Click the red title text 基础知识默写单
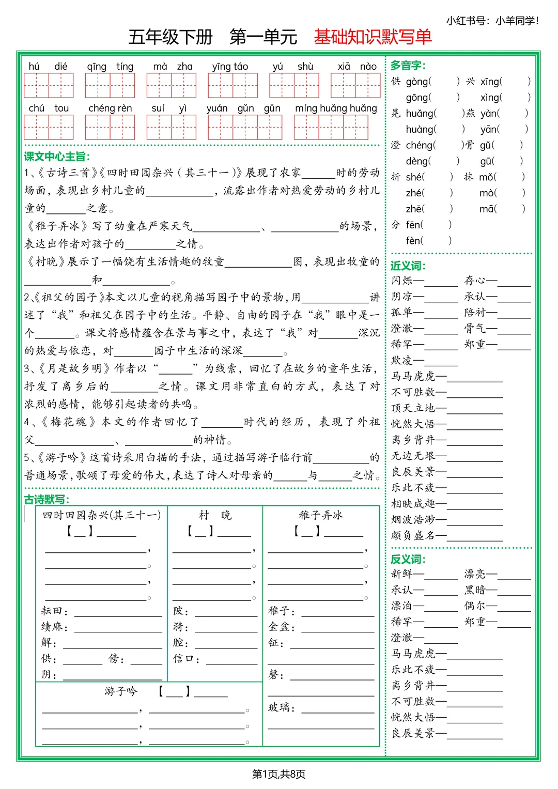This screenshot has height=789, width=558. point(373,37)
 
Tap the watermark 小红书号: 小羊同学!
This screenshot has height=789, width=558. point(492,21)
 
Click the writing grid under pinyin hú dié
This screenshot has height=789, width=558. point(49,85)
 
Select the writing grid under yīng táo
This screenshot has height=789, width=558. point(233,85)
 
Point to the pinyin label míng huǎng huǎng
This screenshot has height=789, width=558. point(336,109)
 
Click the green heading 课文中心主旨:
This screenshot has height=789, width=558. point(57,157)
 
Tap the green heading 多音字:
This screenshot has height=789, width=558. point(408,66)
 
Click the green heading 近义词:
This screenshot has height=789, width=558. point(408,266)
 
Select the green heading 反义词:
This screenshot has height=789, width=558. point(408,560)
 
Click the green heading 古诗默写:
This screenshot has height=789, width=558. point(47,500)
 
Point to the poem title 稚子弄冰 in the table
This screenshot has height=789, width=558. point(321,515)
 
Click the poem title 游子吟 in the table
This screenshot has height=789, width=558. point(121,691)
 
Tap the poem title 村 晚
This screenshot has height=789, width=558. point(215,515)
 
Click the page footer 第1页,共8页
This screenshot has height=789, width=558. point(278,774)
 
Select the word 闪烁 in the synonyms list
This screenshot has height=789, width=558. point(402,281)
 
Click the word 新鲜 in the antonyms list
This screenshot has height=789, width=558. point(402,574)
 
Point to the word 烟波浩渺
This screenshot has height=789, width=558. point(413,520)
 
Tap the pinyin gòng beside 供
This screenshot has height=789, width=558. point(417,82)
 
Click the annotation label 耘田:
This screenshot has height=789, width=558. point(54,611)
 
